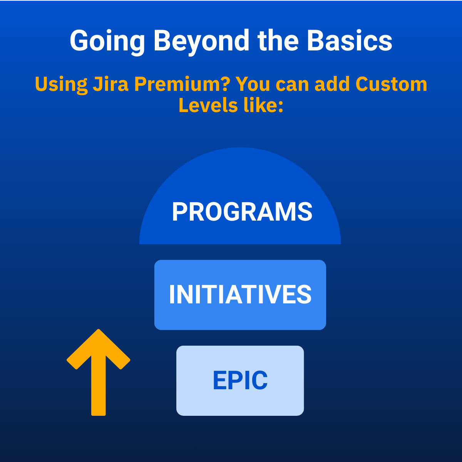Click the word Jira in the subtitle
click(x=110, y=84)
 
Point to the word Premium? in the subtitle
click(x=182, y=84)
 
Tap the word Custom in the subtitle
click(x=391, y=84)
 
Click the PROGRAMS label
click(x=242, y=211)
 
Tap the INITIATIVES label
click(x=240, y=294)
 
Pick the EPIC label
click(x=240, y=380)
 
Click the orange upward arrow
click(x=98, y=372)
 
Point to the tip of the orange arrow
click(x=98, y=330)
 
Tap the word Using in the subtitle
click(x=61, y=85)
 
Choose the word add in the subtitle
click(x=332, y=84)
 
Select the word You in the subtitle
click(x=253, y=84)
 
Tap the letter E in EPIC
click(x=220, y=380)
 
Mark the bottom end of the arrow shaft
click(x=98, y=415)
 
